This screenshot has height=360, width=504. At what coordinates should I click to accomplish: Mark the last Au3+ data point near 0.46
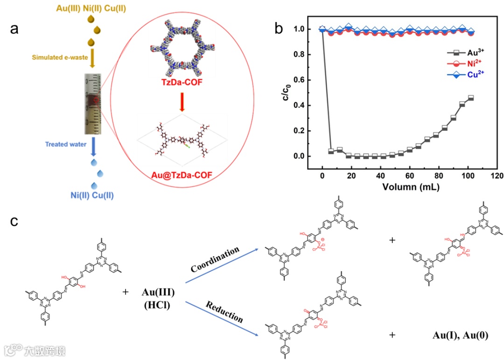tap(470, 98)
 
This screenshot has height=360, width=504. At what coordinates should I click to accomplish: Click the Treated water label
tap(65, 144)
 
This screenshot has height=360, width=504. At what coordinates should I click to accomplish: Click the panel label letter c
tap(15, 221)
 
